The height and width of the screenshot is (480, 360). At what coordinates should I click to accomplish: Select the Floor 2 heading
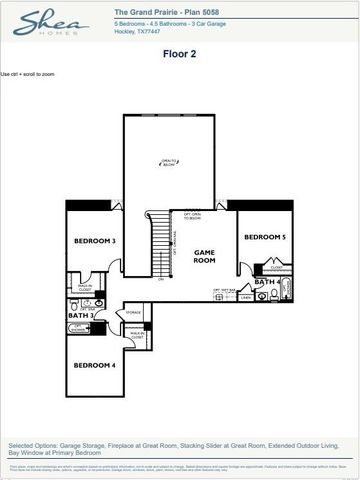pos(180,55)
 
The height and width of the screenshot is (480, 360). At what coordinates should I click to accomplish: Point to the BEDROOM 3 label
pos(96,242)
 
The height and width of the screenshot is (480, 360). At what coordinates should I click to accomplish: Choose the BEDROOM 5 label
pos(265,237)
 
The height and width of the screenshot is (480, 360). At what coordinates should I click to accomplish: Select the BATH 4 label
pos(265,283)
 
